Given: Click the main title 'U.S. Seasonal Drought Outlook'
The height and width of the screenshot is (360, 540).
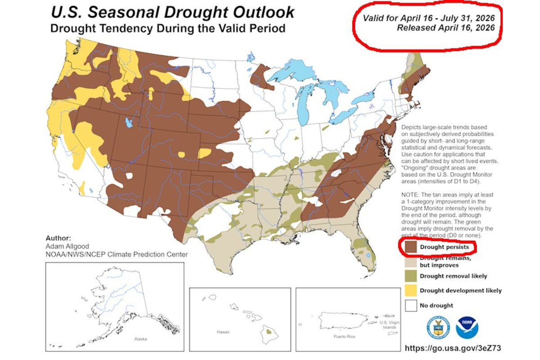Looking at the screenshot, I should point(173,12).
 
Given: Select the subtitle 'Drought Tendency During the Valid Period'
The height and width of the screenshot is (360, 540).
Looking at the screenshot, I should point(167,28).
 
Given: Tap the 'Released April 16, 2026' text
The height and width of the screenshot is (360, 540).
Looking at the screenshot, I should point(445,27).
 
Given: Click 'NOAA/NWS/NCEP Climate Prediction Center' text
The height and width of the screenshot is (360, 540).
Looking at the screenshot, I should point(117,255).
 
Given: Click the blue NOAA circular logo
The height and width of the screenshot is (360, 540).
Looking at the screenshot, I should point(467,328).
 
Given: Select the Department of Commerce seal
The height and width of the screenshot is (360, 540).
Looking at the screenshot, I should point(437,328).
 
